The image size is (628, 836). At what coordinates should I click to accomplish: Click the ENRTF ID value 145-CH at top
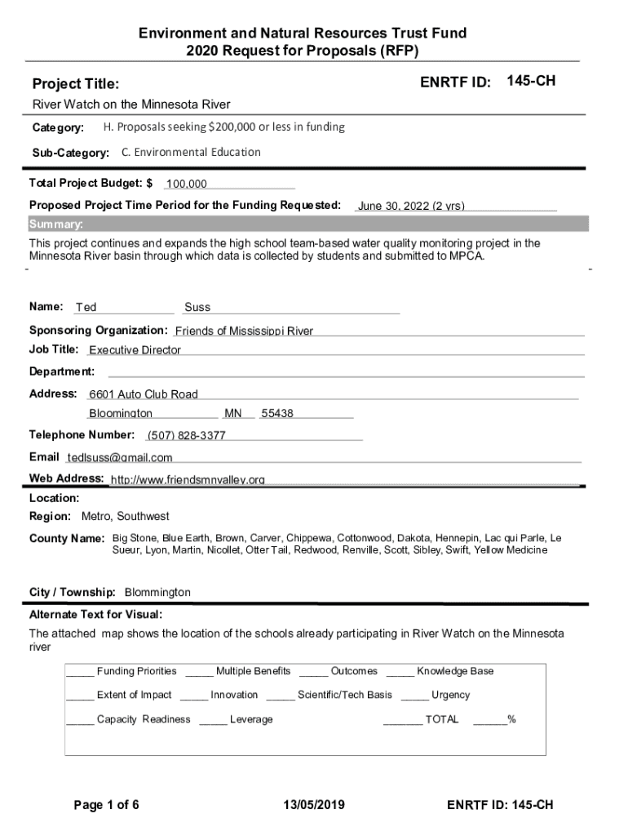531,81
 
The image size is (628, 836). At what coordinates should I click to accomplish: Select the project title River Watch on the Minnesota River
130,104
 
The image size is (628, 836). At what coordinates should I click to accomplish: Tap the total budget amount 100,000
186,185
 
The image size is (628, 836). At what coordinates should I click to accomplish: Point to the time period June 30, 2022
411,206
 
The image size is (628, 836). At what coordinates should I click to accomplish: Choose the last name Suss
197,308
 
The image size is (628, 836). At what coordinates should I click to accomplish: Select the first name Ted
86,308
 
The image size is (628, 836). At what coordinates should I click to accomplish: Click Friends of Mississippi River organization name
244,331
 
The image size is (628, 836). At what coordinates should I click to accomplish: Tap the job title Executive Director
135,350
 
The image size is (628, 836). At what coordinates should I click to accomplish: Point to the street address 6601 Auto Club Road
144,394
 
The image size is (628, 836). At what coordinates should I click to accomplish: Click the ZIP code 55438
277,414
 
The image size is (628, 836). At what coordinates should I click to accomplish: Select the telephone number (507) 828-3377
186,435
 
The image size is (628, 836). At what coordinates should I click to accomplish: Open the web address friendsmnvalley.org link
188,480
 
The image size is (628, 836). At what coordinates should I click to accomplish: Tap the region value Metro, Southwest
126,517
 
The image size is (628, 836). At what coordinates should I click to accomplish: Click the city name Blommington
157,592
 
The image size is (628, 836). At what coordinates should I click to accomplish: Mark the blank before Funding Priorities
80,673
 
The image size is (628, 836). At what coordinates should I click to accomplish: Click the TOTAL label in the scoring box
442,719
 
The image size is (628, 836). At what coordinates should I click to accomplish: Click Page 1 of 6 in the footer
106,806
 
